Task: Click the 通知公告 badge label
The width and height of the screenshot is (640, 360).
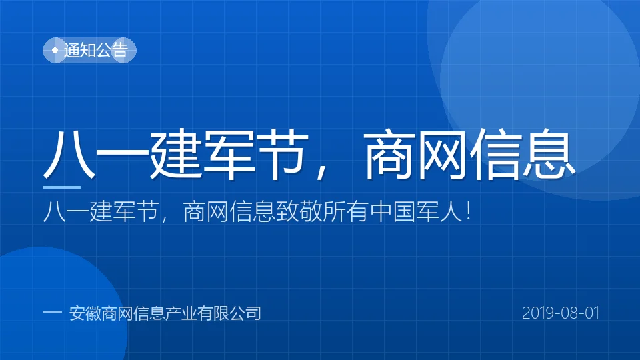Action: click(96, 50)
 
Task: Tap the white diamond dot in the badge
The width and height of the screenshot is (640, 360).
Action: click(55, 50)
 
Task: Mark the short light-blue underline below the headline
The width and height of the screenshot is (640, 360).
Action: click(61, 187)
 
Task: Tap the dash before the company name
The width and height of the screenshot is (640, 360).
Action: click(52, 312)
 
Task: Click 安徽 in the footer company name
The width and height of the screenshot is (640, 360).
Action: click(85, 313)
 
